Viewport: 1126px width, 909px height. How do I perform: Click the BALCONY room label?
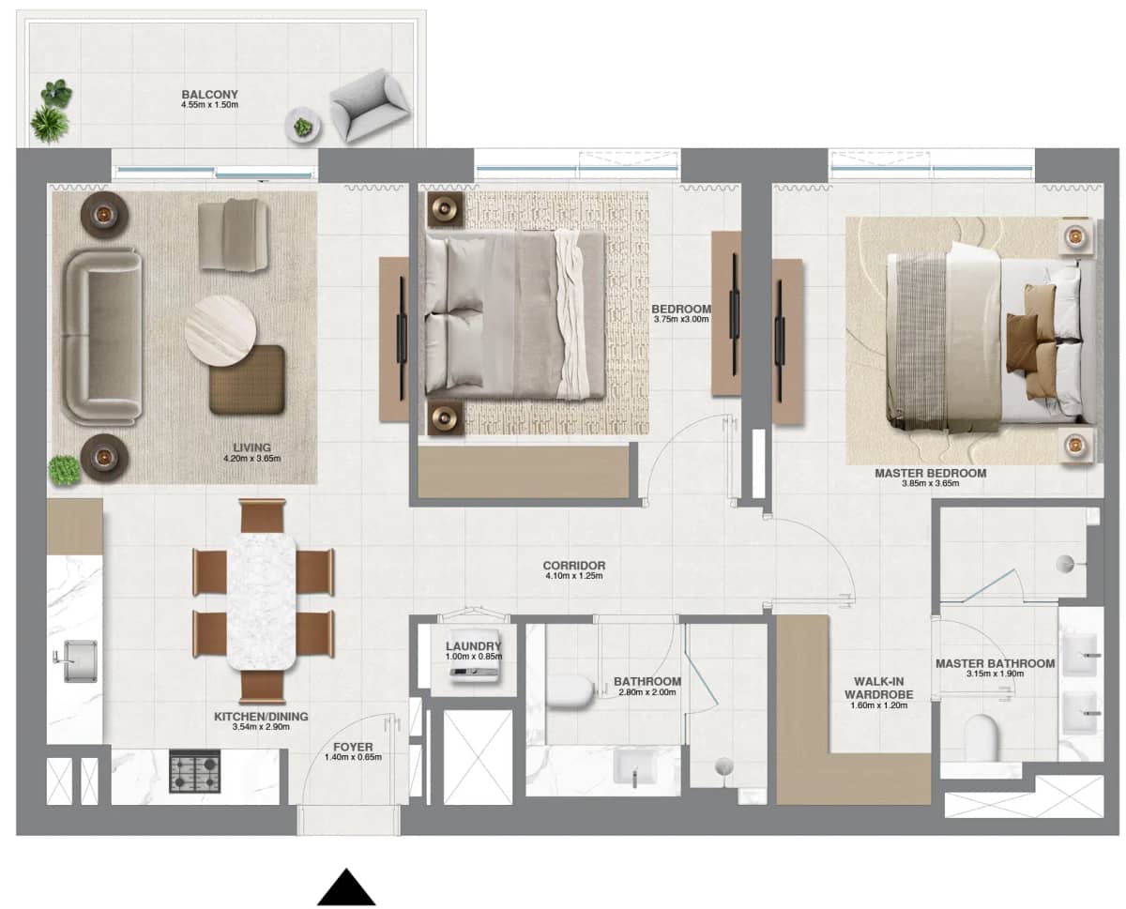point(209,95)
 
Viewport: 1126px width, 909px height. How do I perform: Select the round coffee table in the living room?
point(221,329)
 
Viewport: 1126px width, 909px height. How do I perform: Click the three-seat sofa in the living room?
point(101,336)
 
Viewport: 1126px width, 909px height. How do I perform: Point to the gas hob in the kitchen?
point(194,771)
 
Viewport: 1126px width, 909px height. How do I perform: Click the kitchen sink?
point(79,660)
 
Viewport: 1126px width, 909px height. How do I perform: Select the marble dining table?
point(261,600)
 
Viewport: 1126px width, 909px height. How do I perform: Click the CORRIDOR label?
point(573,566)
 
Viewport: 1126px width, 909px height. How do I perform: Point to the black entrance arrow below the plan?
point(346,887)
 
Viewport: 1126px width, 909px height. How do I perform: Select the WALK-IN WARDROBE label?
point(878,689)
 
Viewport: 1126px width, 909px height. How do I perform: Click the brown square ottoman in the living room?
point(247,379)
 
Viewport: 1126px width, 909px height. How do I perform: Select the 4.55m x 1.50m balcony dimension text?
point(209,106)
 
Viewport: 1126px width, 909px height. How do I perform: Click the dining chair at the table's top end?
point(262,516)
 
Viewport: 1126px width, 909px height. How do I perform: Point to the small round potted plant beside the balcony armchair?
point(303,127)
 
